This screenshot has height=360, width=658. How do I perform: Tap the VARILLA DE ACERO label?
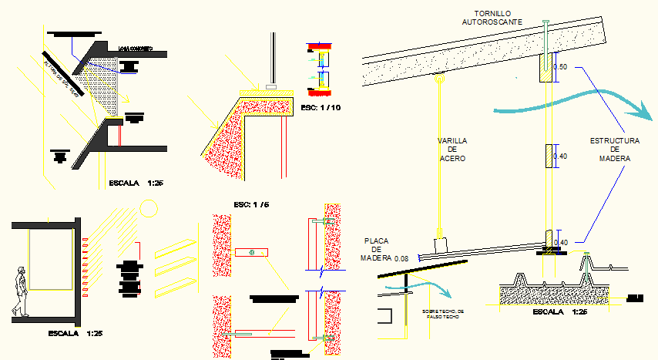453,150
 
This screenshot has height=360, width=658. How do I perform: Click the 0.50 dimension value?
561,68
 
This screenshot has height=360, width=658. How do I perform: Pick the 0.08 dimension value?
402,258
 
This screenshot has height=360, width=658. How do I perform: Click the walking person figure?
22,291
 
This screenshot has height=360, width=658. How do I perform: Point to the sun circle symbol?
149,208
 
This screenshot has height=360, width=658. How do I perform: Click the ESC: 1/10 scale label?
320,107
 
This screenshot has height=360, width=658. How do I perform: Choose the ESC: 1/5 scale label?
252,205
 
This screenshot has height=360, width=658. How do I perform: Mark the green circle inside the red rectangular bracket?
251,253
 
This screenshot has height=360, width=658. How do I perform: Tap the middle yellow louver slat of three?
173,271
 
